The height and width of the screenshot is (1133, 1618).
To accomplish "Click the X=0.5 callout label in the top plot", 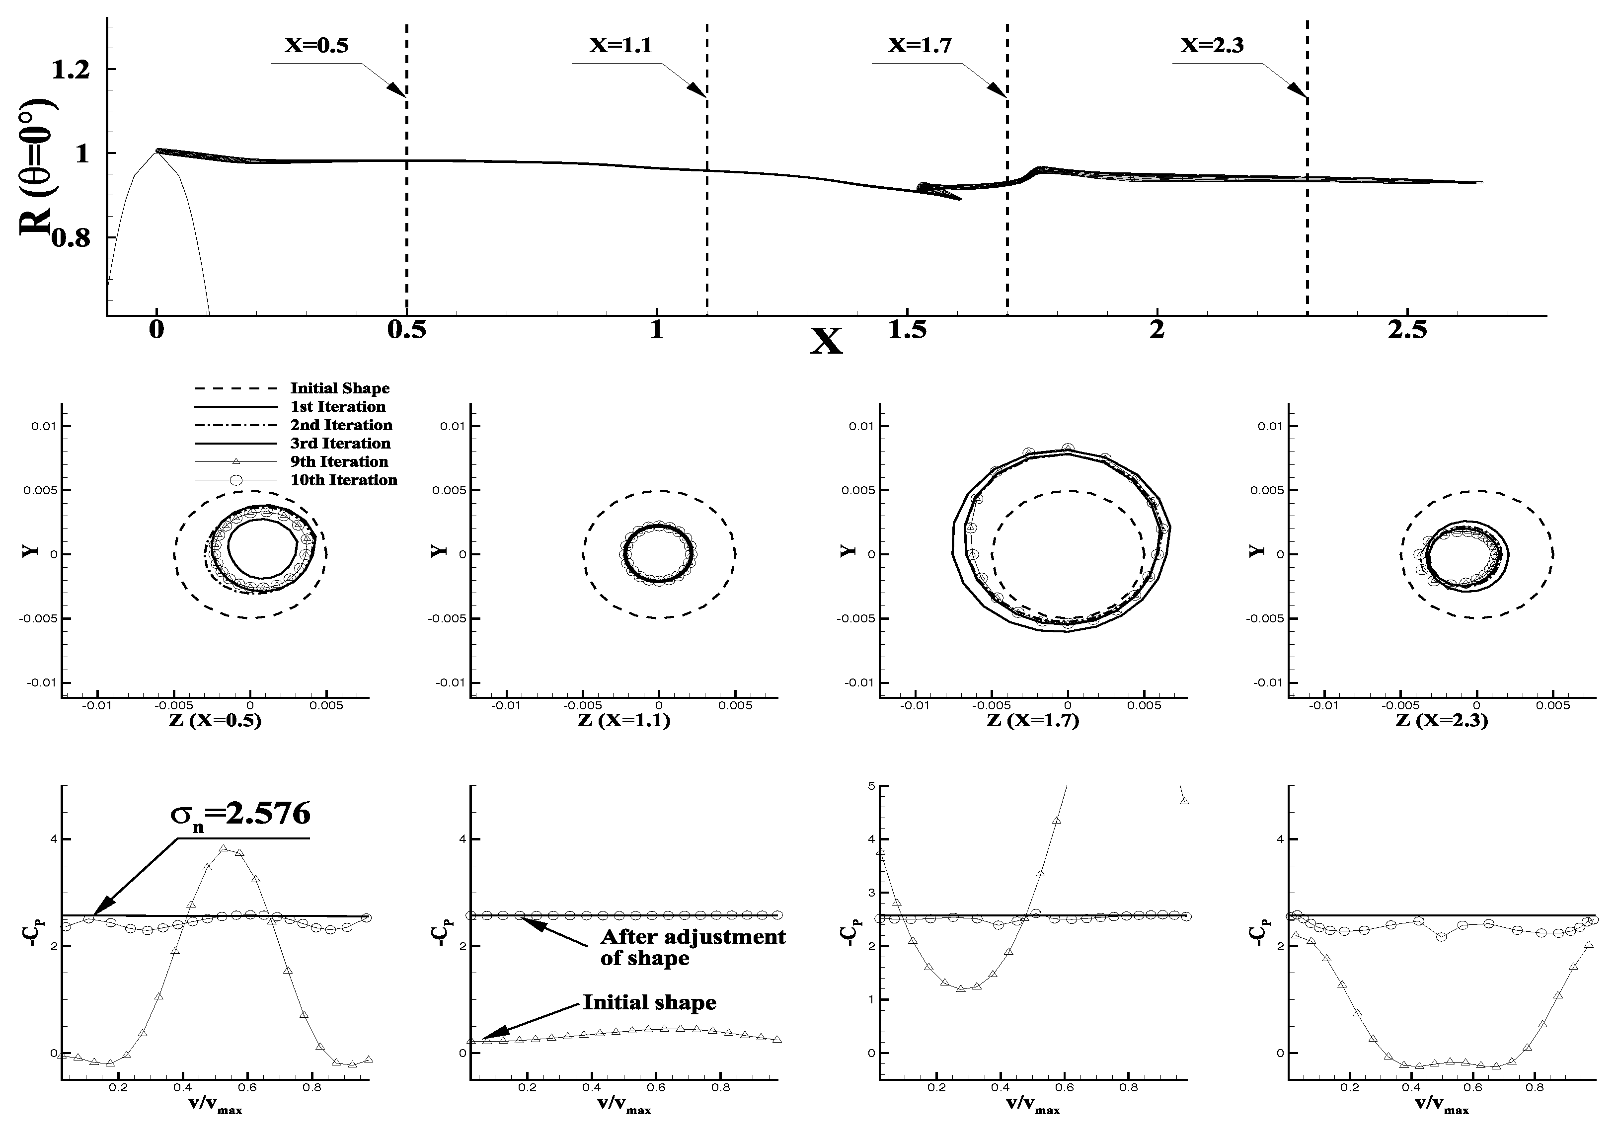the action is click(316, 46).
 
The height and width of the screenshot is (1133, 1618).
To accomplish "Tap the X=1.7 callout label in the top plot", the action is click(920, 46).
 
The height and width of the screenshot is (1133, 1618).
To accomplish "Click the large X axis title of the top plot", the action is click(826, 342).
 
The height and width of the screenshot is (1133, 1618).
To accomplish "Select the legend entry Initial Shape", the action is click(340, 388).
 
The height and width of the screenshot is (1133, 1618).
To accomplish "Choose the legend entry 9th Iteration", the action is click(339, 461).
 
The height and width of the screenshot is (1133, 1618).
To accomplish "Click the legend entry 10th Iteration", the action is click(343, 480).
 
